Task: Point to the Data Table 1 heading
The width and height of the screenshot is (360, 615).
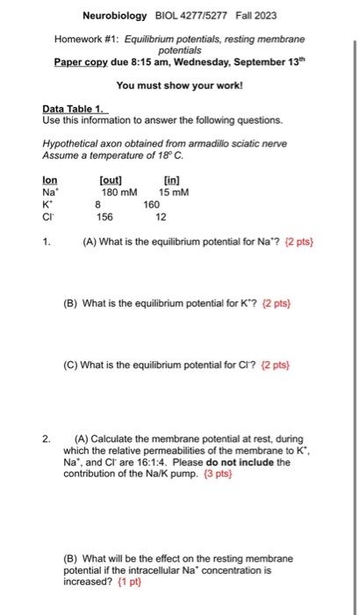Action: pyautogui.click(x=74, y=108)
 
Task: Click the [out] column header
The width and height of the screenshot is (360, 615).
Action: pyautogui.click(x=112, y=180)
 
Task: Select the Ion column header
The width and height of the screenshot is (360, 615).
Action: pyautogui.click(x=50, y=180)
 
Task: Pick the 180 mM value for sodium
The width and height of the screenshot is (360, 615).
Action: pyautogui.click(x=119, y=192)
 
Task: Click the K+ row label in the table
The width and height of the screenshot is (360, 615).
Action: pyautogui.click(x=49, y=204)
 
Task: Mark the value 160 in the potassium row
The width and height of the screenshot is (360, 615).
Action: pyautogui.click(x=151, y=204)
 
